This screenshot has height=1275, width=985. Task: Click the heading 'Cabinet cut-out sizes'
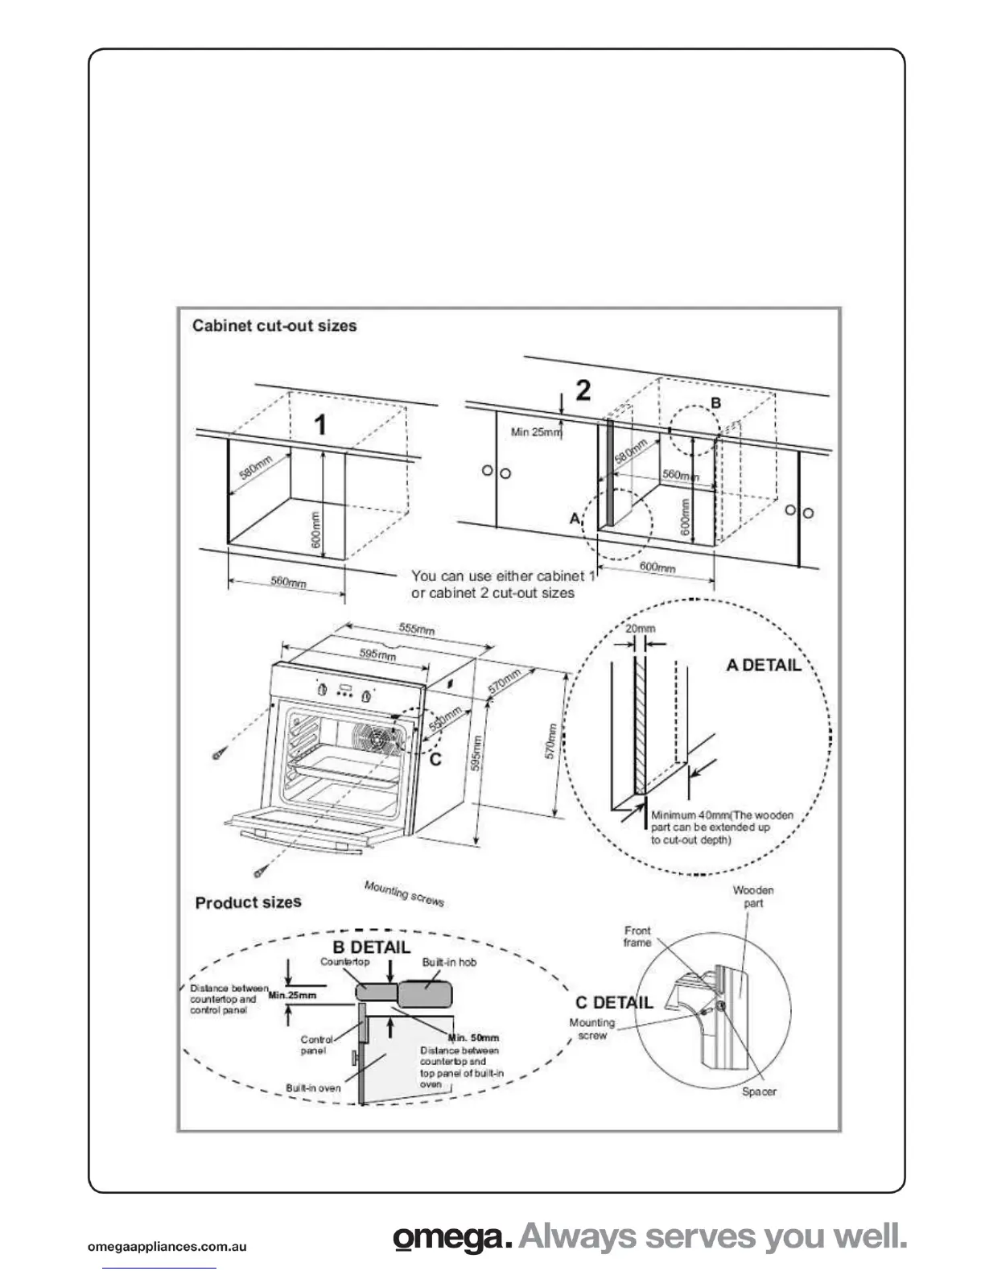pyautogui.click(x=274, y=326)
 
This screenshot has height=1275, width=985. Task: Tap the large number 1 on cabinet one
pyautogui.click(x=320, y=424)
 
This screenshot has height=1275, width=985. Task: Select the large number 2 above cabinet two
pyautogui.click(x=583, y=390)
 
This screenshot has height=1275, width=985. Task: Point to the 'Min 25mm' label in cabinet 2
pyautogui.click(x=536, y=432)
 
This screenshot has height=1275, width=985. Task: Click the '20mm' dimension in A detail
pyautogui.click(x=640, y=628)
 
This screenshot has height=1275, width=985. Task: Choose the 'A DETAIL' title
pyautogui.click(x=764, y=665)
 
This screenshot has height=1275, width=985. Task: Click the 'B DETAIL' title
pyautogui.click(x=371, y=947)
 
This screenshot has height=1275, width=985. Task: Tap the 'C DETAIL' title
pyautogui.click(x=614, y=1002)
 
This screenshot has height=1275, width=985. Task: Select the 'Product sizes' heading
pyautogui.click(x=248, y=902)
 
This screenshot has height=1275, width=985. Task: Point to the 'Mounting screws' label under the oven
pyautogui.click(x=404, y=893)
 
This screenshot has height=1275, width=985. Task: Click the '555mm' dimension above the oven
pyautogui.click(x=417, y=629)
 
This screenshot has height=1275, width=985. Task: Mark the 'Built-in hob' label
pyautogui.click(x=449, y=962)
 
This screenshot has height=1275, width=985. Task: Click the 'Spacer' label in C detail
pyautogui.click(x=759, y=1091)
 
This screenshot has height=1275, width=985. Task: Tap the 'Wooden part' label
pyautogui.click(x=753, y=897)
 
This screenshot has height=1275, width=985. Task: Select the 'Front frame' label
pyautogui.click(x=637, y=936)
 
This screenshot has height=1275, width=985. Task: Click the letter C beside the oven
pyautogui.click(x=435, y=758)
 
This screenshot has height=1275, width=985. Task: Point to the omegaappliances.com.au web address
pyautogui.click(x=167, y=1248)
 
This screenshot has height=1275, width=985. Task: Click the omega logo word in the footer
pyautogui.click(x=452, y=1238)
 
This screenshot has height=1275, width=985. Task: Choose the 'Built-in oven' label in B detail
pyautogui.click(x=313, y=1087)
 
